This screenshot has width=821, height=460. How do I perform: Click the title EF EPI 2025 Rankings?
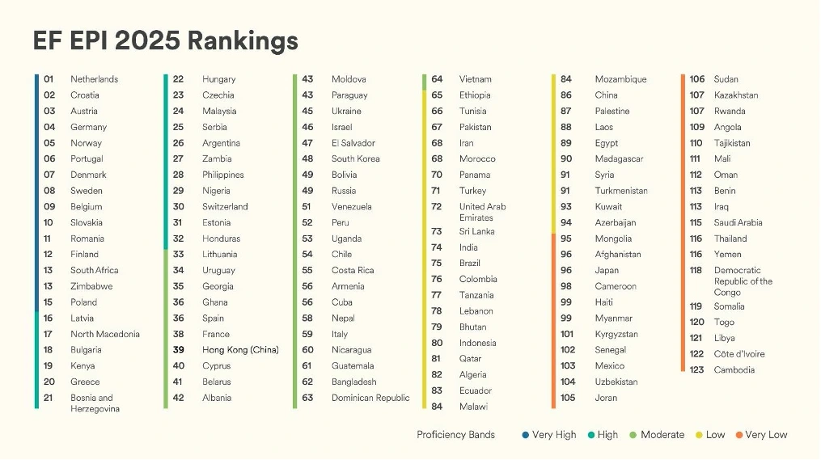166,40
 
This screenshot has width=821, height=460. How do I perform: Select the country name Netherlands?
94,79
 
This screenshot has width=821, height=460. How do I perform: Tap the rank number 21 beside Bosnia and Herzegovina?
49,398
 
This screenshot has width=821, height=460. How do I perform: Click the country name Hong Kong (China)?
240,350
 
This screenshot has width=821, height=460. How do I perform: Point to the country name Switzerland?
225,207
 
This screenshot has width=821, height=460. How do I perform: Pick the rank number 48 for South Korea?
307,159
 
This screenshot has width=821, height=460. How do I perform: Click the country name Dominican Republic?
370,398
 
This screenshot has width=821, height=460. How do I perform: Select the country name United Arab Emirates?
482,212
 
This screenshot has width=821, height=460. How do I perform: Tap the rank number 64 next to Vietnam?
437,79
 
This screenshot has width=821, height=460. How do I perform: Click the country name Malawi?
473,407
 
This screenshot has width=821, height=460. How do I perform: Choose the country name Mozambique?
620,79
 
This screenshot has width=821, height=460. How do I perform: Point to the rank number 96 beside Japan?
566,271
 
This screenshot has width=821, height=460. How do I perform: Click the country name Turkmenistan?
621,191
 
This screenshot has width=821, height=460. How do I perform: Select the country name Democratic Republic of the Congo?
743,281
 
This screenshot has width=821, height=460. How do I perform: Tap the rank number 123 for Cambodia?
696,370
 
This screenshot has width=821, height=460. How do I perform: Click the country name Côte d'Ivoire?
738,354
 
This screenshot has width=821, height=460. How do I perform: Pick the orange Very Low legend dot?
739,435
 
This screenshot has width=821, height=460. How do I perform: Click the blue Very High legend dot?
526,435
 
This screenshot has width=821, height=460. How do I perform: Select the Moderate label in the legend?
662,435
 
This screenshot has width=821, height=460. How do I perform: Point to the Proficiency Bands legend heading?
455,435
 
